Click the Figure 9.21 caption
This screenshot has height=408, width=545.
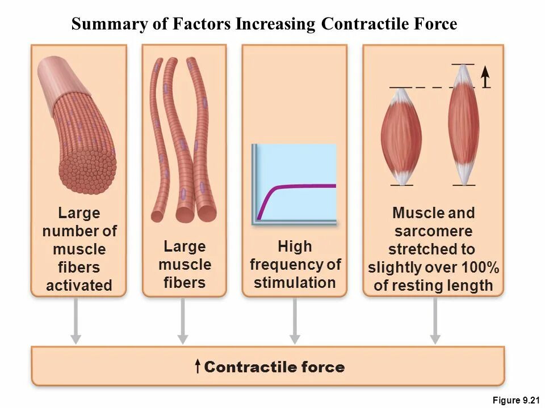coord(515,401)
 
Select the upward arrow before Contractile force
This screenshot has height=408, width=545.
coord(197,367)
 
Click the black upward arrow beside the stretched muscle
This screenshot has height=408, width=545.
coord(485,76)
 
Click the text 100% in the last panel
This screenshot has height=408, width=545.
coord(480,267)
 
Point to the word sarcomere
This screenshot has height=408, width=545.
coord(433,231)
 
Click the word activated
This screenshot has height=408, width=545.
coord(79,286)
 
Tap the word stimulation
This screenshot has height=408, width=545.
coord(295,283)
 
